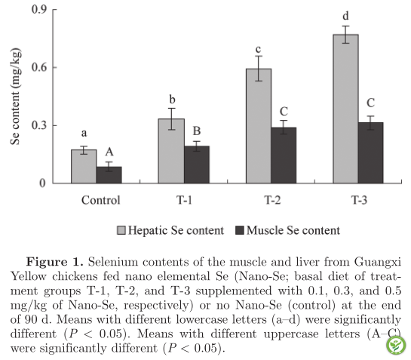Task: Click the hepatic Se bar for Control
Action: pos(84,166)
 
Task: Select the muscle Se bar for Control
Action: pos(109,175)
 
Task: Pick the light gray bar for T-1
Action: pos(171,151)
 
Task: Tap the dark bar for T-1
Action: pos(197,165)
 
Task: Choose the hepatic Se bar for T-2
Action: pos(259,126)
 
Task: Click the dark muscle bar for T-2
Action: pos(284,155)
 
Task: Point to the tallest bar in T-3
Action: pos(345,109)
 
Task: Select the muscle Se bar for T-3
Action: pos(371,152)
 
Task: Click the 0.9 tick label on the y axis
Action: pos(39,10)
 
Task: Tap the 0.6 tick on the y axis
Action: pos(39,67)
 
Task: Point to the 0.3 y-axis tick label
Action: pos(39,125)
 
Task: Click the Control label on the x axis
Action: pos(101,200)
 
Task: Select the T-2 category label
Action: pos(272,200)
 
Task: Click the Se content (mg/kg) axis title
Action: pos(15,97)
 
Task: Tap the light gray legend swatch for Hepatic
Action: pos(121,230)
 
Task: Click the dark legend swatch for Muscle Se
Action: pos(240,230)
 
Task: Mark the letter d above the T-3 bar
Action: pos(346,16)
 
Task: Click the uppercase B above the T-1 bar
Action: pos(197,131)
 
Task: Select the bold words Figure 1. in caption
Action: pos(54,262)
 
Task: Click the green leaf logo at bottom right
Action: pos(396,346)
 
